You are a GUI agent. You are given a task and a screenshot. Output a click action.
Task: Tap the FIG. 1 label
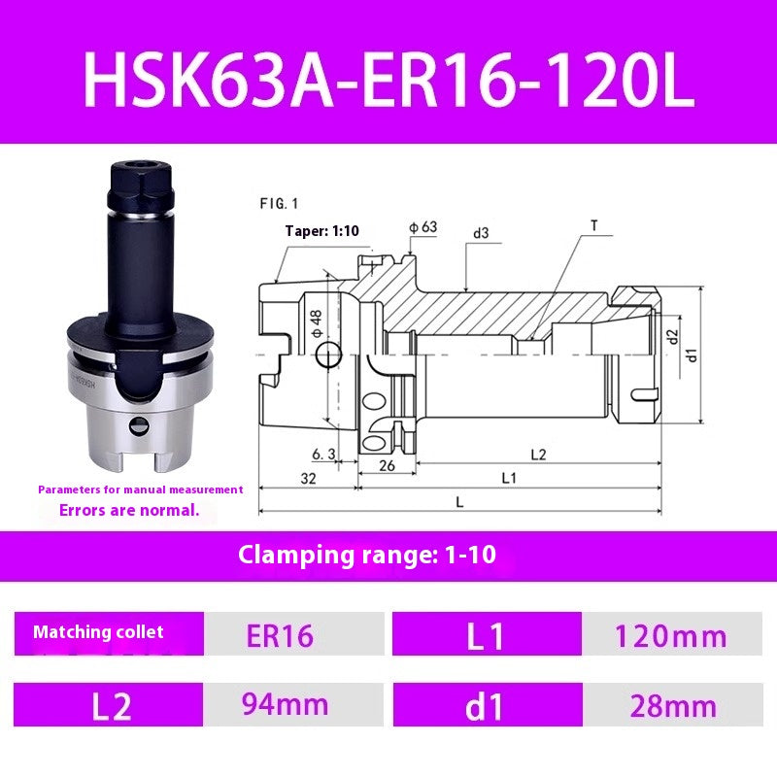[x=279, y=205]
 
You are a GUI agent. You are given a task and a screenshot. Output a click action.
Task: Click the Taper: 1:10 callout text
[x=321, y=231]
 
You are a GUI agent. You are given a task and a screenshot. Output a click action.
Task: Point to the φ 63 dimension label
[x=423, y=227]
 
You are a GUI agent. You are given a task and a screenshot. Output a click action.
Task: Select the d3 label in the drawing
[x=481, y=232]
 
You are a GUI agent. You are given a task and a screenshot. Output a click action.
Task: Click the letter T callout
[x=593, y=225]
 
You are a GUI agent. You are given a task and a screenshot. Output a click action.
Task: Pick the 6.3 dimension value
[x=324, y=454]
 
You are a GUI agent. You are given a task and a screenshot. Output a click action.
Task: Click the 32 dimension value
[x=309, y=478]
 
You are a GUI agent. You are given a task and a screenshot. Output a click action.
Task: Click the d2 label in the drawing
[x=672, y=338]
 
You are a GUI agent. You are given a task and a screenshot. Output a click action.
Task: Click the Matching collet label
[x=98, y=632]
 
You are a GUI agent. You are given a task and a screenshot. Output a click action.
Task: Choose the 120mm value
[x=670, y=636]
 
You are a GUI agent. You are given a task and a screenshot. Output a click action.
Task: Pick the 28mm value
[x=672, y=706]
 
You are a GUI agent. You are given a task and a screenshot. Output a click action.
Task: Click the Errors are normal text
[x=129, y=509]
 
